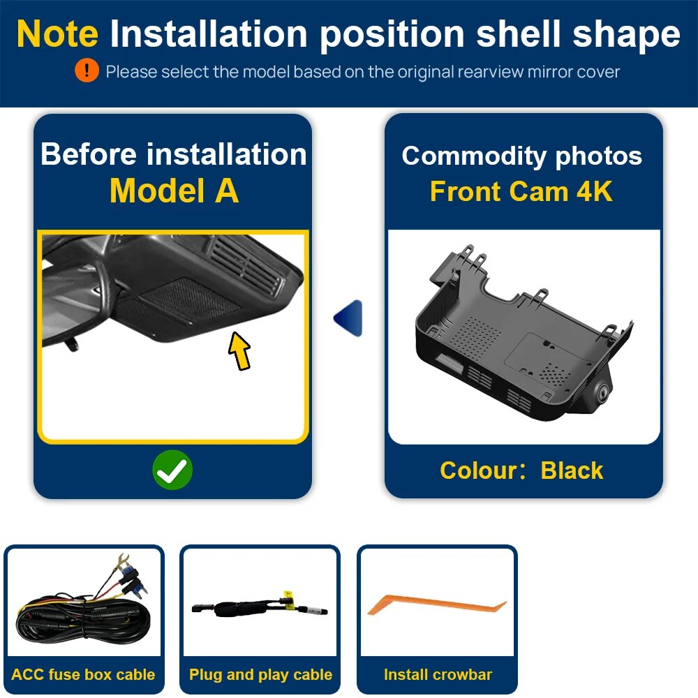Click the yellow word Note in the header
(x=57, y=34)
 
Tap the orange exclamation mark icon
(x=87, y=70)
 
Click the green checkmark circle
(x=172, y=470)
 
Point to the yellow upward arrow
(x=239, y=351)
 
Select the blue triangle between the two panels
(x=348, y=318)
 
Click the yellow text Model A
(x=174, y=191)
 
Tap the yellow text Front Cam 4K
(x=521, y=191)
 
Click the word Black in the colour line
(x=572, y=470)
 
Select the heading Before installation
(x=174, y=154)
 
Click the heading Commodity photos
(x=521, y=156)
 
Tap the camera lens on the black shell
(x=604, y=392)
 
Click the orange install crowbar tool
(x=437, y=604)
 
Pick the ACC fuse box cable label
(x=83, y=674)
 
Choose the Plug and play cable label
(x=260, y=674)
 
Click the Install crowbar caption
(x=438, y=674)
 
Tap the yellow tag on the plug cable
(x=288, y=598)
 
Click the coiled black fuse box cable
(x=83, y=616)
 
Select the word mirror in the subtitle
(x=549, y=72)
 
